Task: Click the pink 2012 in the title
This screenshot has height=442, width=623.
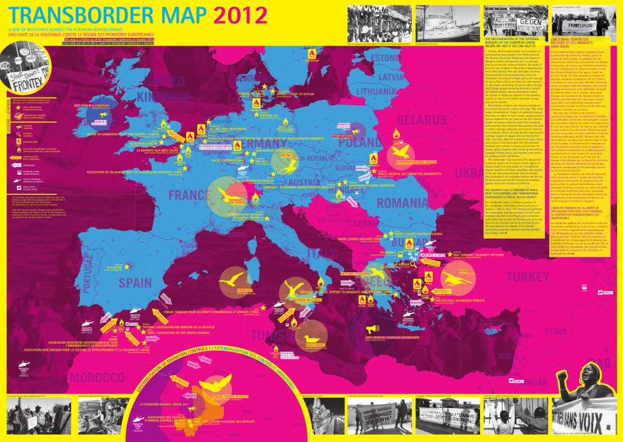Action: tap(238, 15)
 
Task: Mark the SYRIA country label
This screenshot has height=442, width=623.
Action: tap(555, 331)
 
